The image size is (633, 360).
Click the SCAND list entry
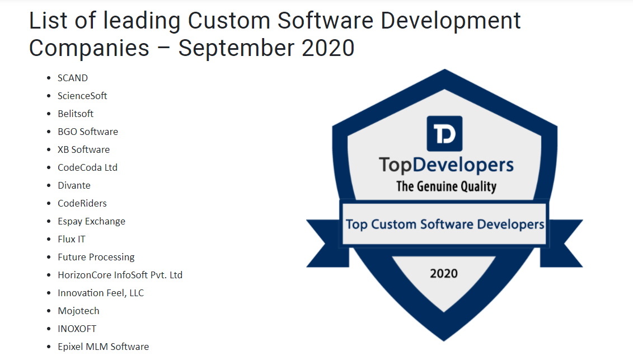pyautogui.click(x=73, y=78)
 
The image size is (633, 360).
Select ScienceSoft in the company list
pyautogui.click(x=82, y=96)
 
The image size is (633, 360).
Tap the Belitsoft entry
pyautogui.click(x=76, y=114)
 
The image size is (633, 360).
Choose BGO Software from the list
pyautogui.click(x=88, y=132)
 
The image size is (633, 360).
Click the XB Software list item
pyautogui.click(x=83, y=149)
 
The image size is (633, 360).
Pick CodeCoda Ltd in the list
pyautogui.click(x=87, y=167)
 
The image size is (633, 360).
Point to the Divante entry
pyautogui.click(x=74, y=185)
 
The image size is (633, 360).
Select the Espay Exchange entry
pyautogui.click(x=91, y=221)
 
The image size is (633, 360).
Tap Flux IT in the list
pyautogui.click(x=72, y=239)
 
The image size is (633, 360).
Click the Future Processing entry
pyautogui.click(x=96, y=257)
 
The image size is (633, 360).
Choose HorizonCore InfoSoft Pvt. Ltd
pyautogui.click(x=120, y=275)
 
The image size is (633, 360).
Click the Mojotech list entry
pyautogui.click(x=78, y=311)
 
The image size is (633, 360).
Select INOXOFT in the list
pyautogui.click(x=77, y=329)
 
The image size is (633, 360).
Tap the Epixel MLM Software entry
pyautogui.click(x=104, y=347)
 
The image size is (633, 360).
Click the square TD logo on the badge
pyautogui.click(x=444, y=133)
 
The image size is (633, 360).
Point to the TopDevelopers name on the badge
pyautogui.click(x=446, y=165)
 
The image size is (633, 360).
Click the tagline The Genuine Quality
pyautogui.click(x=446, y=186)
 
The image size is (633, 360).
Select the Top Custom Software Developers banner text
pyautogui.click(x=445, y=225)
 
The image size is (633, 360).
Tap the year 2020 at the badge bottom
pyautogui.click(x=444, y=274)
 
